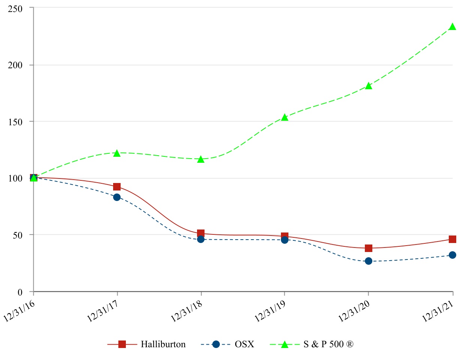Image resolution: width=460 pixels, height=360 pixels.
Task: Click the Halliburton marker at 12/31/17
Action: (x=117, y=187)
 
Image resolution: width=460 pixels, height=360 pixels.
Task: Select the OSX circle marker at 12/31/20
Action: (x=369, y=261)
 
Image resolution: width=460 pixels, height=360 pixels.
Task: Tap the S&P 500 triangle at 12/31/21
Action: (x=453, y=27)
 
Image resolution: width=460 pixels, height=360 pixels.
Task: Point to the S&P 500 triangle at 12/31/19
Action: (x=285, y=117)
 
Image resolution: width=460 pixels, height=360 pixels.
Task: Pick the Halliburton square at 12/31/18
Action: (x=201, y=233)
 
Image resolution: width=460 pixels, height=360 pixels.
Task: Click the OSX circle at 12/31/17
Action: (x=117, y=197)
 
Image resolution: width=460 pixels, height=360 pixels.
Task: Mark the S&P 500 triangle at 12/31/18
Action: (x=201, y=159)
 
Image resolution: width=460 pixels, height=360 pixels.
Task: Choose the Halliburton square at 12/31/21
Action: (x=453, y=239)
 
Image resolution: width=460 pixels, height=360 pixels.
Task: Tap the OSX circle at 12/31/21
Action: (x=453, y=255)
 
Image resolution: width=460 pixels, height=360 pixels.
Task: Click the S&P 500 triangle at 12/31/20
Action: (x=369, y=86)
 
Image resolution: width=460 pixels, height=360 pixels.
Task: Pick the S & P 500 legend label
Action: (x=328, y=344)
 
